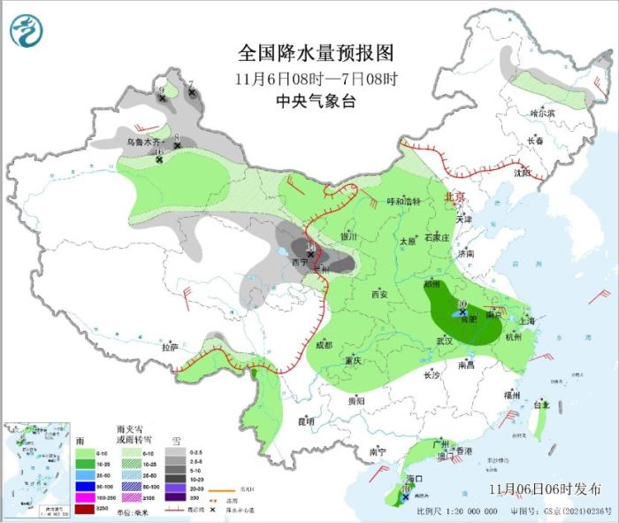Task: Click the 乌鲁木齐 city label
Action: [144, 142]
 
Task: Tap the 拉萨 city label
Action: [170, 347]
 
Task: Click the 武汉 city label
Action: [444, 341]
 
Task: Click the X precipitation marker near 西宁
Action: [310, 255]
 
